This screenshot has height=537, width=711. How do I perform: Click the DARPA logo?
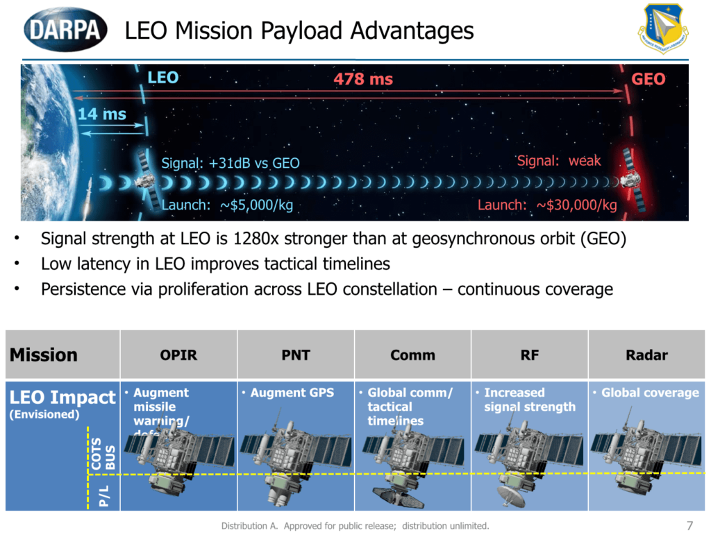tap(66, 29)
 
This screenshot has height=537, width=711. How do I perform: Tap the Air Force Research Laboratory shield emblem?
tap(663, 30)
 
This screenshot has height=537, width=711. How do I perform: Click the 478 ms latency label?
tap(363, 79)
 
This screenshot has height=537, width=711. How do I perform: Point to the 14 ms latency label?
tap(102, 114)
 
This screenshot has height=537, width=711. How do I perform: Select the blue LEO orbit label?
tap(163, 78)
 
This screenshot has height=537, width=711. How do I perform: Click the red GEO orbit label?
tap(648, 79)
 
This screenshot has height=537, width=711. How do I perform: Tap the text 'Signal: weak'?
tap(559, 161)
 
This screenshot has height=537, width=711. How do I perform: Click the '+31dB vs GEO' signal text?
tap(254, 164)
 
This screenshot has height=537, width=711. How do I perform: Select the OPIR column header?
tap(178, 355)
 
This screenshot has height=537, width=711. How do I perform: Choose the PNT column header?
tap(296, 355)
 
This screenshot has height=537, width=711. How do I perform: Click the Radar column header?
tap(646, 355)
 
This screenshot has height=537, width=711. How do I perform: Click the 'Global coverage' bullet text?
tap(650, 393)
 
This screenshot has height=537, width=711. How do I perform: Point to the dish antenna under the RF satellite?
tap(511, 494)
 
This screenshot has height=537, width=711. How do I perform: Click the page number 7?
tap(689, 523)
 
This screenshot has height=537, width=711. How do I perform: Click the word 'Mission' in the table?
tap(43, 355)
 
